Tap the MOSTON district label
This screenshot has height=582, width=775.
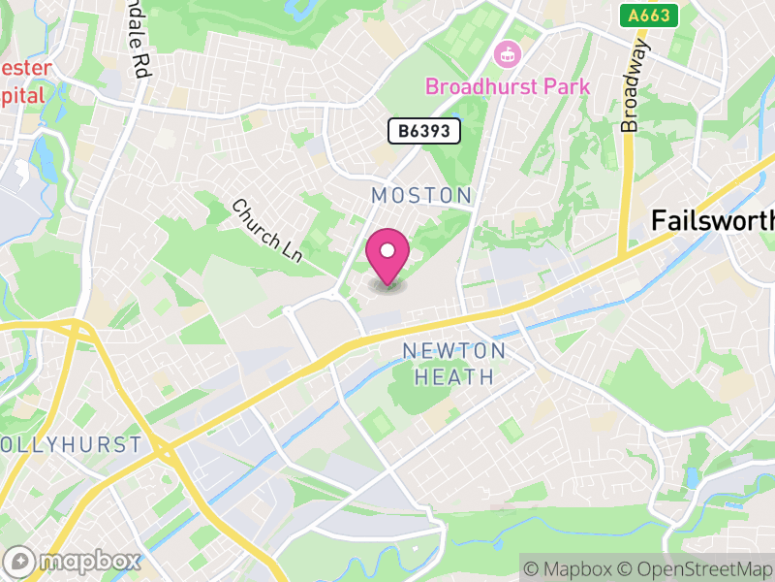click(x=421, y=195)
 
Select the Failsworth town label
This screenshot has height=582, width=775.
click(x=712, y=220)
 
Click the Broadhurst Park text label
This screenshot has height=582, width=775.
click(x=508, y=86)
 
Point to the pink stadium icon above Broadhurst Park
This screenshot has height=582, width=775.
click(x=507, y=54)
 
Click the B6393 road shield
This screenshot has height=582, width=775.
click(x=424, y=131)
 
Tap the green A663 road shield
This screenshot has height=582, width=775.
click(x=649, y=15)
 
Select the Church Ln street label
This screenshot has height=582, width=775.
click(x=267, y=231)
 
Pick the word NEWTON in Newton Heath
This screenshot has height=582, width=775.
click(x=454, y=350)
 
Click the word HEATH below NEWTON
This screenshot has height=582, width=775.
click(x=454, y=376)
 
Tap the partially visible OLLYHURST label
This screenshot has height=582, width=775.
click(x=72, y=445)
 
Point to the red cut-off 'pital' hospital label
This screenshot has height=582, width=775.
click(x=23, y=95)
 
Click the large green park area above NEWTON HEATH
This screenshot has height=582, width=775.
click(x=418, y=393)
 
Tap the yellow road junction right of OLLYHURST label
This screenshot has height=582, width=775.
click(x=163, y=451)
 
